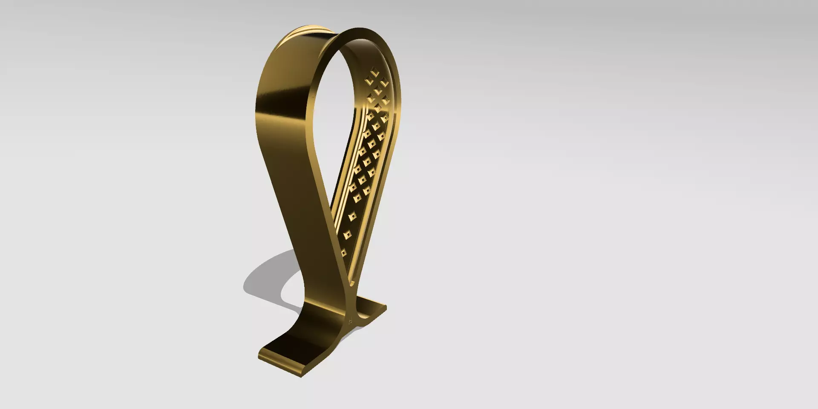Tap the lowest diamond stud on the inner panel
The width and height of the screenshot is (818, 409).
click(x=344, y=253)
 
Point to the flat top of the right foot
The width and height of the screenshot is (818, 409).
click(x=371, y=308)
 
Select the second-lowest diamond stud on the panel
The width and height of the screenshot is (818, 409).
click(x=348, y=234)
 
